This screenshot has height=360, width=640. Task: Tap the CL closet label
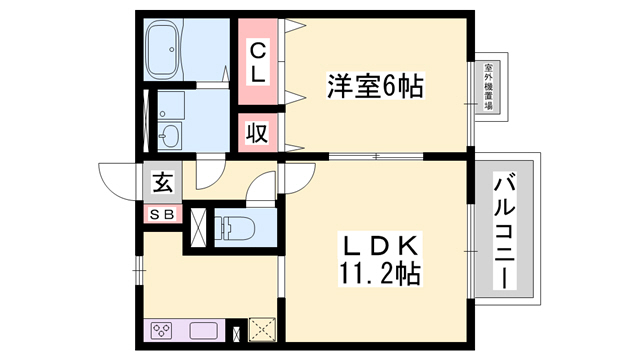(257, 61)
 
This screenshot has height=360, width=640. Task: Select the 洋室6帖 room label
(374, 86)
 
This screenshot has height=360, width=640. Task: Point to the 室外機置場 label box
(489, 88)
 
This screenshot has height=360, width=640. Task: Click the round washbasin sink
(171, 135)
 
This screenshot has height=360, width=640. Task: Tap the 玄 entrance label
(162, 183)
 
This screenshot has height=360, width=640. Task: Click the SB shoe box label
(161, 214)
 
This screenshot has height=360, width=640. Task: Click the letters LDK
(373, 245)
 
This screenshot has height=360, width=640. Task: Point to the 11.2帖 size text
(372, 272)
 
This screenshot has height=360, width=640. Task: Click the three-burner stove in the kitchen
(163, 331)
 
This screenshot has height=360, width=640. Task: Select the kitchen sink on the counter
(202, 330)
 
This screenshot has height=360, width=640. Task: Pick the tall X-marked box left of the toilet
(198, 227)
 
